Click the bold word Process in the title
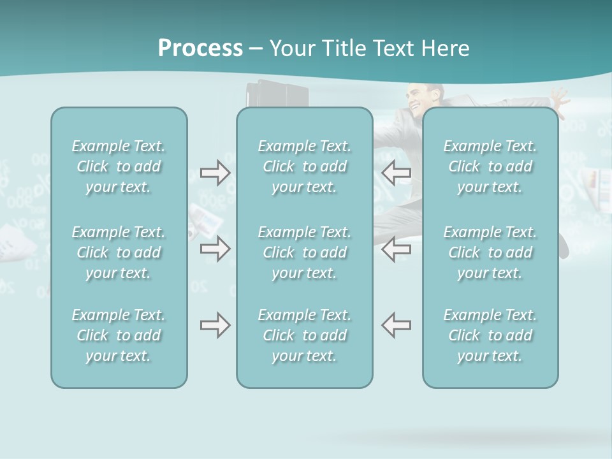[200, 48]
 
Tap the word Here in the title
[445, 48]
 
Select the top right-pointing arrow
[215, 173]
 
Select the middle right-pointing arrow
[215, 249]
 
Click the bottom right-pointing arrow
[215, 325]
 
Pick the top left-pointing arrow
[396, 173]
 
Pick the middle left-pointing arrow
[396, 249]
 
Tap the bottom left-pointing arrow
[396, 325]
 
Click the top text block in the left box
[119, 166]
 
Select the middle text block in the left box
[119, 252]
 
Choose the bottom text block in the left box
[119, 335]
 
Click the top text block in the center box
[304, 166]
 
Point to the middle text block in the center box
[304, 252]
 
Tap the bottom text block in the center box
[304, 335]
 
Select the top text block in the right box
[490, 166]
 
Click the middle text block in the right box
[490, 252]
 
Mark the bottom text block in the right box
[490, 335]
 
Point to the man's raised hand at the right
[560, 99]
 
